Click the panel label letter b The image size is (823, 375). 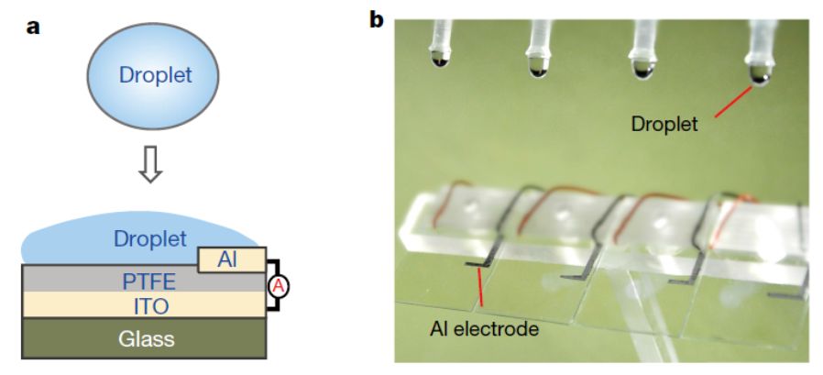pos(377,19)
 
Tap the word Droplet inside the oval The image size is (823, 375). pos(155,75)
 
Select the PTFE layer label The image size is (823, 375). pos(144,279)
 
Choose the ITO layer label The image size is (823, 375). pos(144,303)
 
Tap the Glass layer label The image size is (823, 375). pos(145,338)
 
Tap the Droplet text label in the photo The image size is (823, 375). pos(664,123)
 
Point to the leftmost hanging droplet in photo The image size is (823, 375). pos(442,61)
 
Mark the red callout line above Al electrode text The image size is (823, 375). pos(479,286)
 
